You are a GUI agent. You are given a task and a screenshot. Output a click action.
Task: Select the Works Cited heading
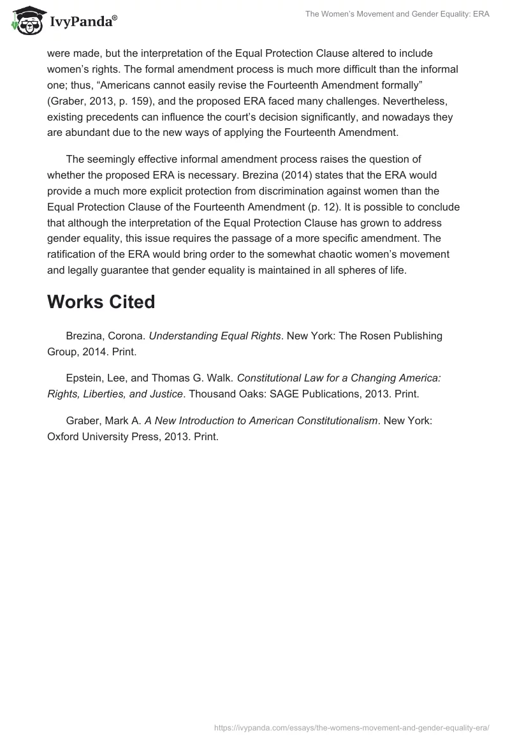point(101,301)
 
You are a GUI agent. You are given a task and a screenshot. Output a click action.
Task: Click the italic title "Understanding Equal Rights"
point(215,336)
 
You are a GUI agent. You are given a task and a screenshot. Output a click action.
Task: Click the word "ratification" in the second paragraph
point(73,254)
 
